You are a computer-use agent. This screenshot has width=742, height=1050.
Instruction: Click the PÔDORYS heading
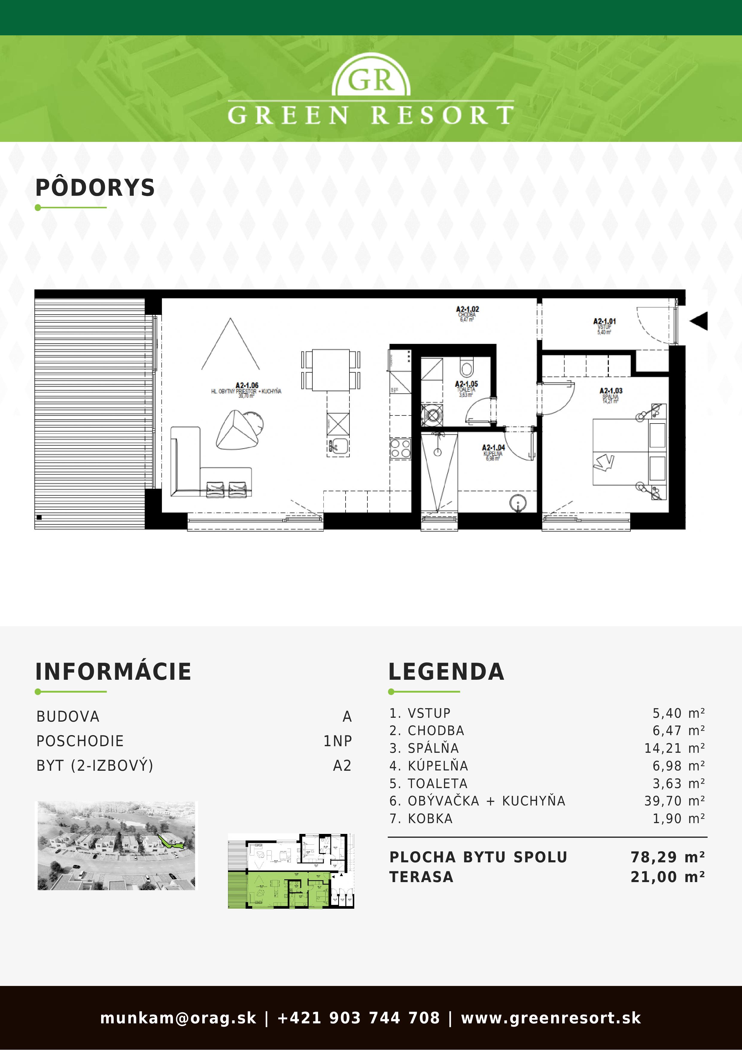point(95,188)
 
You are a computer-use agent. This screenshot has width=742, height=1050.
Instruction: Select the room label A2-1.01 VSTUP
point(604,326)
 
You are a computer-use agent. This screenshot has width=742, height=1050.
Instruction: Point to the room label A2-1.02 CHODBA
point(467,314)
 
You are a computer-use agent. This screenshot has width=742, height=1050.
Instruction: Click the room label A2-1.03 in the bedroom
point(611,394)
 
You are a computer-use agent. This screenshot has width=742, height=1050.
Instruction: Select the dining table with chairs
point(331,370)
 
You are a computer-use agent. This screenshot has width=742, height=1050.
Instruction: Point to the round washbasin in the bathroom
point(518,503)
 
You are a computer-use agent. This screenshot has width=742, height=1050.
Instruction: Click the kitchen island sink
point(338,445)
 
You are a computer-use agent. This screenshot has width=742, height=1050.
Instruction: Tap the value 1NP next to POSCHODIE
point(337,741)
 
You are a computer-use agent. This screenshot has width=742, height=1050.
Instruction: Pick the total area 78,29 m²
point(667,857)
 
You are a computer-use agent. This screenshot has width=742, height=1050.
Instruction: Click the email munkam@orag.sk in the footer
point(178,1018)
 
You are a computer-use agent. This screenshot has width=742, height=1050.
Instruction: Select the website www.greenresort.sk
point(551,1018)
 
